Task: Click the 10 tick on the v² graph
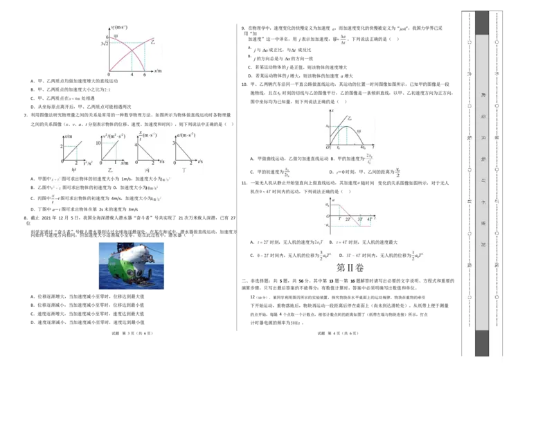tap(98, 141)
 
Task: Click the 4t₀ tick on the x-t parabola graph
tap(364, 148)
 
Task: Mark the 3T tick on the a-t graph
tap(360, 218)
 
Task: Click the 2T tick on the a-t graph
tap(349, 218)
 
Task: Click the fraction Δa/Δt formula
tap(341, 39)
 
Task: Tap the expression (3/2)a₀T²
tap(325, 255)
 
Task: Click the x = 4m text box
tap(75, 100)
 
